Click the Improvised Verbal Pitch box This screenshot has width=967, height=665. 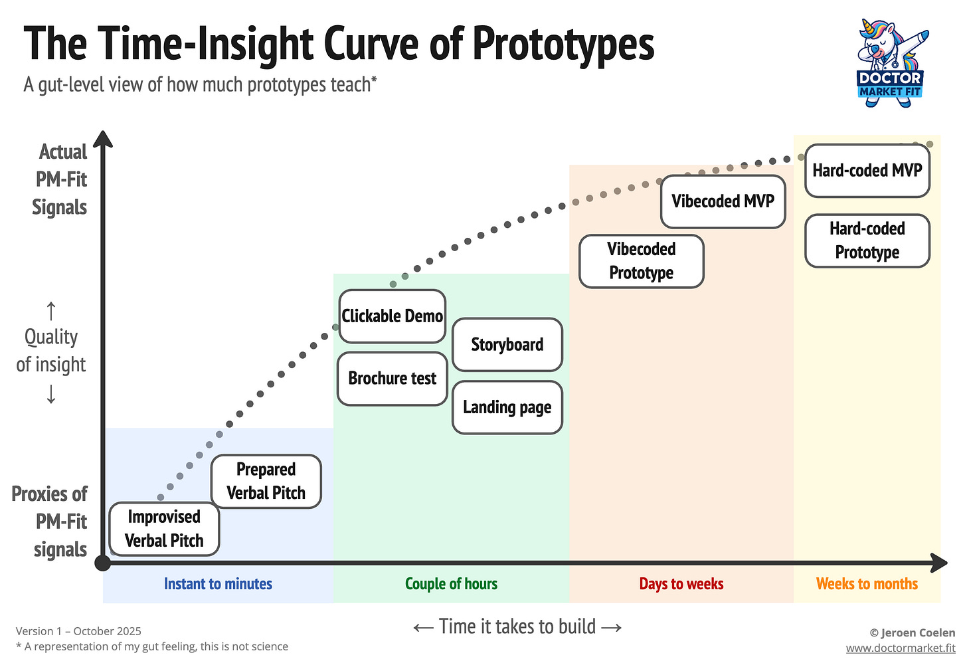click(x=164, y=529)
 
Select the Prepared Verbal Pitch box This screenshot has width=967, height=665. click(x=266, y=482)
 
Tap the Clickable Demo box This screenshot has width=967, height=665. click(x=392, y=316)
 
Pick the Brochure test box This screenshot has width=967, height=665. click(x=392, y=379)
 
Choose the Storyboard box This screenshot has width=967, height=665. click(x=507, y=345)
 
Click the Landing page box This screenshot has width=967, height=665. click(x=507, y=407)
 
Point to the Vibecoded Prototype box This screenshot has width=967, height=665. click(x=641, y=261)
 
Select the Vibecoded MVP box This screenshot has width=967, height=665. click(x=723, y=201)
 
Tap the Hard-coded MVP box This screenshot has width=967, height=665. click(x=867, y=171)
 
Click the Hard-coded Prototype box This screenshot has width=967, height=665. click(x=867, y=240)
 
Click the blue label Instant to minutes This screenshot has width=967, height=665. click(x=218, y=584)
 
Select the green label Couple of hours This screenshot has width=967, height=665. click(x=451, y=584)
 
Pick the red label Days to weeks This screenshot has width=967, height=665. click(x=681, y=584)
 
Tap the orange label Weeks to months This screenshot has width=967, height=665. click(x=867, y=584)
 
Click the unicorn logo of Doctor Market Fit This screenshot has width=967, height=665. click(x=890, y=60)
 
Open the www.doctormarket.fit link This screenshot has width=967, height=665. click(x=900, y=648)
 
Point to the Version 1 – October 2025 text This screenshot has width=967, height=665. click(x=78, y=631)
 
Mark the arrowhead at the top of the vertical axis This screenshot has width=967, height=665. click(x=103, y=139)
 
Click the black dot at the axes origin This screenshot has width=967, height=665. click(x=103, y=563)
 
